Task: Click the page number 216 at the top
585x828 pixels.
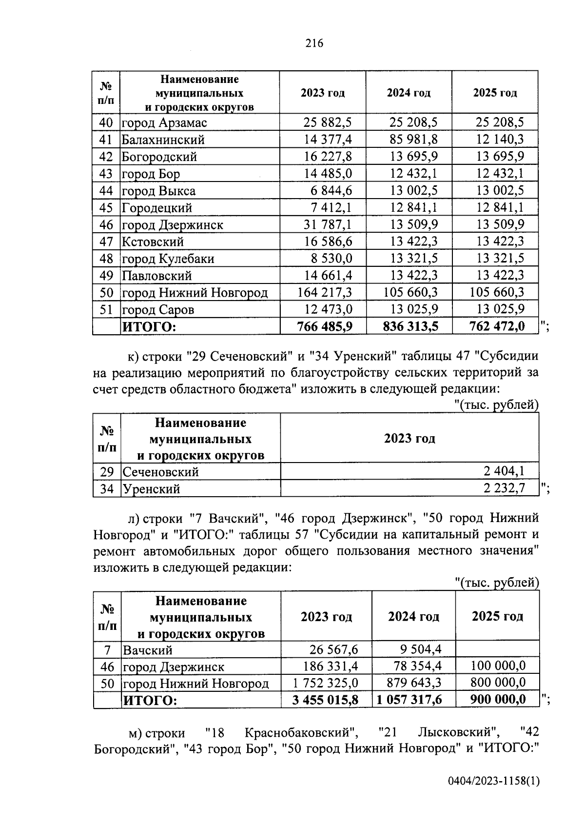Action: coord(314,43)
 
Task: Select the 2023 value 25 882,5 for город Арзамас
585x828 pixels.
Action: coord(328,122)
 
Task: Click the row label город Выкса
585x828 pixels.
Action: coord(158,191)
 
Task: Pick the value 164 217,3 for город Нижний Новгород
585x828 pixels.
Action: coord(324,293)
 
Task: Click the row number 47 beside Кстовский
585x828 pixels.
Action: coord(106,242)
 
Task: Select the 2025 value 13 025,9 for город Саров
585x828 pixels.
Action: coord(500,309)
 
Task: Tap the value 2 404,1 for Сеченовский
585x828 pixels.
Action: coord(504,471)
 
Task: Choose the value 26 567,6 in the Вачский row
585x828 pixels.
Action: coord(333,649)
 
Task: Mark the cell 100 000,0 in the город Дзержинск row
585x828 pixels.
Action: coord(498,666)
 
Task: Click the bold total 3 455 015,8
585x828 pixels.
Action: coord(325,700)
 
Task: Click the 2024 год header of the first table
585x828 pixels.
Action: coord(409,93)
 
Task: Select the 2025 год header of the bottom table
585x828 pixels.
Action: coord(497,616)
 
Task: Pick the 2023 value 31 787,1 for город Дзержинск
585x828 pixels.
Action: coord(328,225)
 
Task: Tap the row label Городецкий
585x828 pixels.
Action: coord(156,208)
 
